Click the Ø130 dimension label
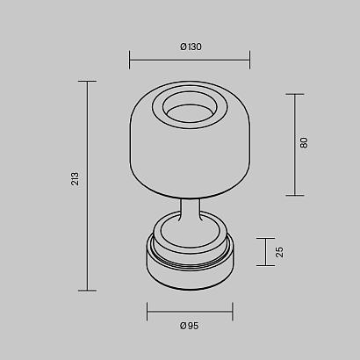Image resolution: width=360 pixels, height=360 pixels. [x=190, y=47]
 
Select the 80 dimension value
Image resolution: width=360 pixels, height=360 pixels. [x=304, y=141]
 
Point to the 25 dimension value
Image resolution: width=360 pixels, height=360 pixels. [x=280, y=251]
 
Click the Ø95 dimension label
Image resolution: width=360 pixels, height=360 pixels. [x=189, y=326]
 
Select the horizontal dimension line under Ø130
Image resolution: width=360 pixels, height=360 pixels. [x=190, y=60]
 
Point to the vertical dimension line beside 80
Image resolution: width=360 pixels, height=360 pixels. [x=293, y=144]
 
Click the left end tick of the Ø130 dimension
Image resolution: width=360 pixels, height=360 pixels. [x=130, y=60]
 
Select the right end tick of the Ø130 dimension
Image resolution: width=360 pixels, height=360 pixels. [x=250, y=60]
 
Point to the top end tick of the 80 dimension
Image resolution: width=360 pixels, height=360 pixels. [x=293, y=94]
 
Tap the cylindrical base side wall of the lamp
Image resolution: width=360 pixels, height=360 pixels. [x=190, y=277]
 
